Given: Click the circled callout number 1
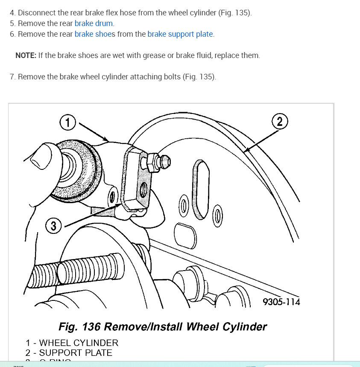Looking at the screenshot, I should click(67, 123).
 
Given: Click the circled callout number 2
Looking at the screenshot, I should click(280, 122).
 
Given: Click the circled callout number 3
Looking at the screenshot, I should click(53, 226).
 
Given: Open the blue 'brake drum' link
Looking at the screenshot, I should click(94, 23).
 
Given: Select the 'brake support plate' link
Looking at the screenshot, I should click(180, 34).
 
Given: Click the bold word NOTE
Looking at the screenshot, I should click(26, 55).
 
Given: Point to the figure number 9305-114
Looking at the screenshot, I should click(281, 302).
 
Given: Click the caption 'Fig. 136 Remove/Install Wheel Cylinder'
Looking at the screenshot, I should click(162, 327).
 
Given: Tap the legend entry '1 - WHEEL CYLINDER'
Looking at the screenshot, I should click(72, 343).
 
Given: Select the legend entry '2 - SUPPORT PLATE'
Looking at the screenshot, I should click(69, 353).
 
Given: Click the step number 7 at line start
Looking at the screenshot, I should click(12, 77).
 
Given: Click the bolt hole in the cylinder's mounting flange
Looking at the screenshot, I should click(143, 188).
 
